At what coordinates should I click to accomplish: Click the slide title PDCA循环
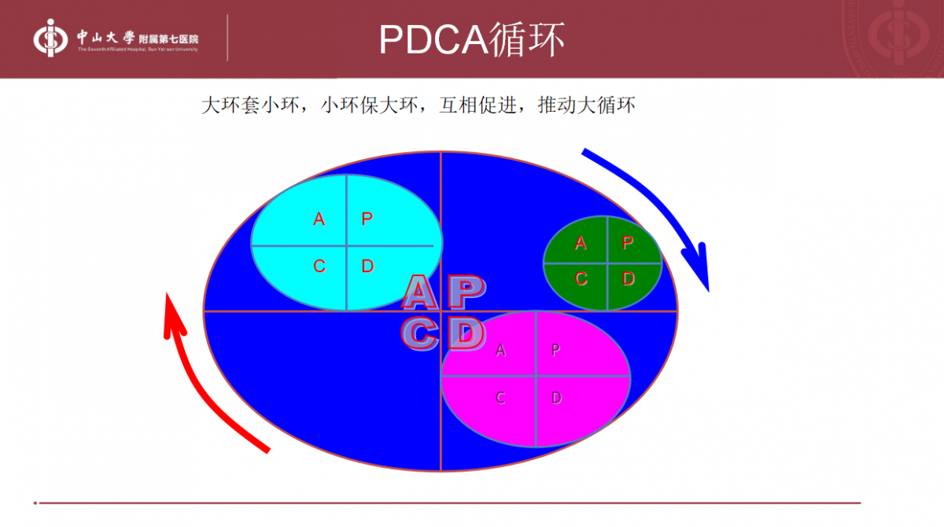[471, 39]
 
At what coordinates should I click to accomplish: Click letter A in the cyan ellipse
[319, 219]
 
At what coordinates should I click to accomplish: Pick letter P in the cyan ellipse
[367, 219]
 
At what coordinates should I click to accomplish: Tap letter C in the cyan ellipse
[319, 267]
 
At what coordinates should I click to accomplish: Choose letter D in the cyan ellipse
[367, 267]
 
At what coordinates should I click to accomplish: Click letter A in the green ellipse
[581, 243]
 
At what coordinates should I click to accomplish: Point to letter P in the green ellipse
[628, 243]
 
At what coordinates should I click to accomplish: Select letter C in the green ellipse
[581, 278]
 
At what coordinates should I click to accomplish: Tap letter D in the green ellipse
[628, 278]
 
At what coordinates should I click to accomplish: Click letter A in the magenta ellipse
[500, 351]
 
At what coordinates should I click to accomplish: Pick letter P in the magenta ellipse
[555, 351]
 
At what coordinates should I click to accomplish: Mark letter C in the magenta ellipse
[500, 398]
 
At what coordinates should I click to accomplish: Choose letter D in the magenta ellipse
[555, 398]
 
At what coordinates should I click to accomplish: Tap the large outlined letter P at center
[466, 293]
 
